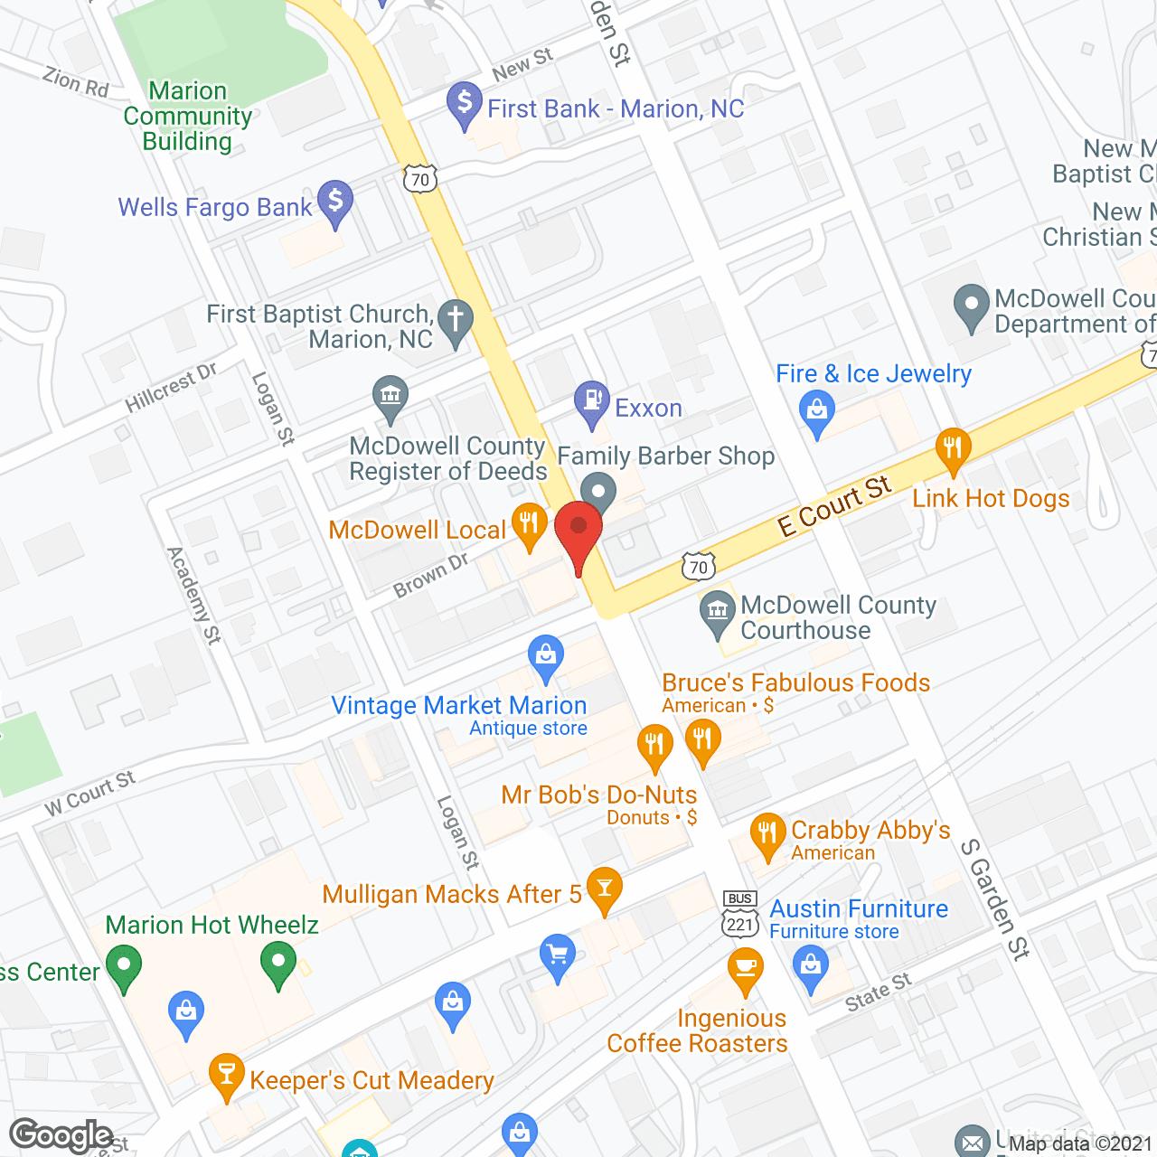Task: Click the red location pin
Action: tap(578, 530)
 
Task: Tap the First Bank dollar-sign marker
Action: tap(464, 103)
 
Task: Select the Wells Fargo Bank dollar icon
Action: tap(335, 201)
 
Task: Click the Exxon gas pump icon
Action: tap(592, 401)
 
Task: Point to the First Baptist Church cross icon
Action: tap(456, 320)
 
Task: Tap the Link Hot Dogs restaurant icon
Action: tap(953, 448)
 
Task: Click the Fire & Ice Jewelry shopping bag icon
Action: tap(817, 411)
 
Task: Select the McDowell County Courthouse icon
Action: tap(718, 611)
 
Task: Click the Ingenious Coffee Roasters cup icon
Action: tap(745, 968)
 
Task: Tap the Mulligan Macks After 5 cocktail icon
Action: tap(605, 888)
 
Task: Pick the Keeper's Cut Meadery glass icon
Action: tap(226, 1074)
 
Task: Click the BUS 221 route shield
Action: tap(740, 914)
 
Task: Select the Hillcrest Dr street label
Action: tap(171, 388)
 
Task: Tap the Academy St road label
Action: tap(193, 596)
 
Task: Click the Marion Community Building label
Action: tap(188, 117)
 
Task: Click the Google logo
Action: tap(61, 1134)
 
